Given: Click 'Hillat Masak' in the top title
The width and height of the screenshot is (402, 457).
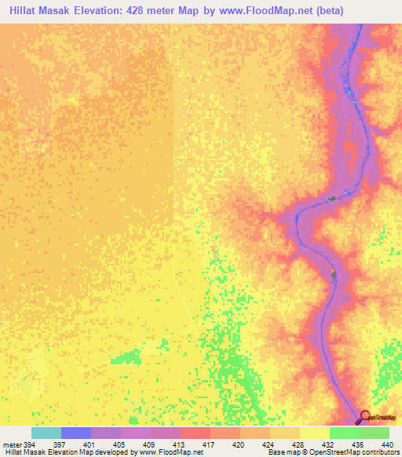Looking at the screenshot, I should tap(38, 9).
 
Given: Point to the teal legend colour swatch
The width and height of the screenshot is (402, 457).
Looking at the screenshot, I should tap(46, 433).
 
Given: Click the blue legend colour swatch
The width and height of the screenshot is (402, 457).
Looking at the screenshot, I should tap(76, 433).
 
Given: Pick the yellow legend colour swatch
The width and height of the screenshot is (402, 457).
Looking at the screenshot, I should tap(314, 433).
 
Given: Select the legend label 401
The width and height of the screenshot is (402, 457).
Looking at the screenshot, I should tap(91, 444).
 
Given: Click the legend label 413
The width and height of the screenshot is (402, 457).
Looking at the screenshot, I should tap(179, 444).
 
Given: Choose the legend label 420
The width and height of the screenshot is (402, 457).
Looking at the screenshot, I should tap(239, 444).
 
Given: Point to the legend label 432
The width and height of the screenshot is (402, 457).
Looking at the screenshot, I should tap(328, 444).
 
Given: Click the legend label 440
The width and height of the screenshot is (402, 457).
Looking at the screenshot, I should tap(386, 444).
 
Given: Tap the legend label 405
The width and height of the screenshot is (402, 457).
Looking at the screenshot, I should tap(119, 444).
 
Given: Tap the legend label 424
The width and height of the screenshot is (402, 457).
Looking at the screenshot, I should tap(269, 444).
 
